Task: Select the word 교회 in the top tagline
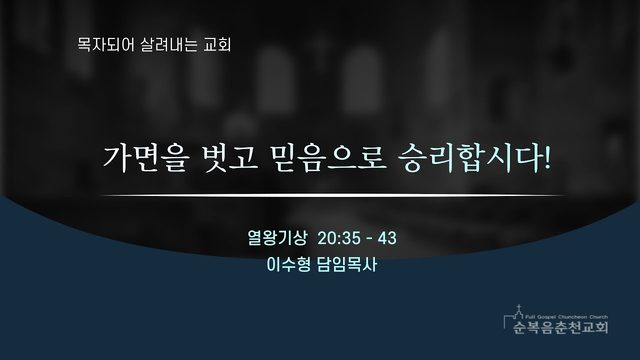(x=218, y=44)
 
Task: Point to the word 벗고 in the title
(x=231, y=158)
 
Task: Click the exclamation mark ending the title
(x=546, y=158)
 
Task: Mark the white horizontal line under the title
(x=333, y=196)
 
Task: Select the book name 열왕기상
(x=277, y=238)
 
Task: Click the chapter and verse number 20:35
(x=339, y=238)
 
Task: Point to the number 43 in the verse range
(x=387, y=238)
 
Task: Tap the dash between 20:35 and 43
(x=369, y=239)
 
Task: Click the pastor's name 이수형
(x=289, y=264)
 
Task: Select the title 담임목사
(x=347, y=264)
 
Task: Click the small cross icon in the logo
(x=518, y=308)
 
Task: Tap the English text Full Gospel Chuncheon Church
(x=567, y=317)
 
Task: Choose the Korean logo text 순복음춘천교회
(x=560, y=327)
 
